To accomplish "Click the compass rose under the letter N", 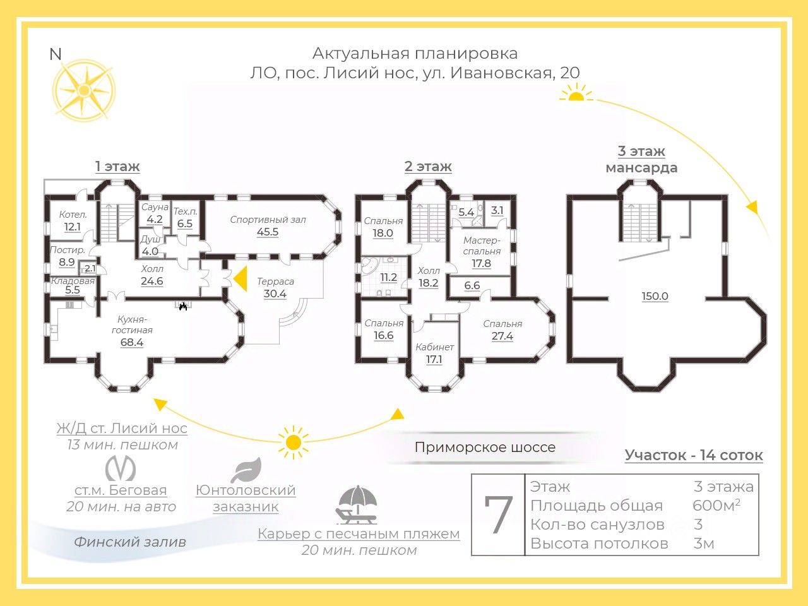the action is click(x=84, y=90).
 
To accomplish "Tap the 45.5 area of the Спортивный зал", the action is click(x=268, y=232).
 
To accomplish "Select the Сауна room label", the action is click(x=155, y=207).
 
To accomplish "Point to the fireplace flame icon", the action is click(x=183, y=306).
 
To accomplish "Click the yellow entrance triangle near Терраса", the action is click(x=240, y=279).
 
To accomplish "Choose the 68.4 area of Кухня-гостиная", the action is click(x=132, y=343).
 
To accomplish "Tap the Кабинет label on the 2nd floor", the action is click(x=435, y=347).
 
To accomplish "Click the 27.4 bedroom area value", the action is click(x=502, y=336).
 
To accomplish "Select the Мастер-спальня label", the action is click(x=482, y=246).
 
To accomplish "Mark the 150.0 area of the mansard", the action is click(x=655, y=296).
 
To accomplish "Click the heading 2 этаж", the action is click(x=428, y=166).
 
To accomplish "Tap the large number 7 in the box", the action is click(x=498, y=514).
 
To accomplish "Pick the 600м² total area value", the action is click(x=716, y=505).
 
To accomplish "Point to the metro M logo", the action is click(x=121, y=468).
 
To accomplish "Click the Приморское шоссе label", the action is click(x=485, y=447).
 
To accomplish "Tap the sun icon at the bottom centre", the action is click(x=293, y=443).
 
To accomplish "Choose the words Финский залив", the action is click(x=130, y=542).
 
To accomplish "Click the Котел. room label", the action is click(x=73, y=215).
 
